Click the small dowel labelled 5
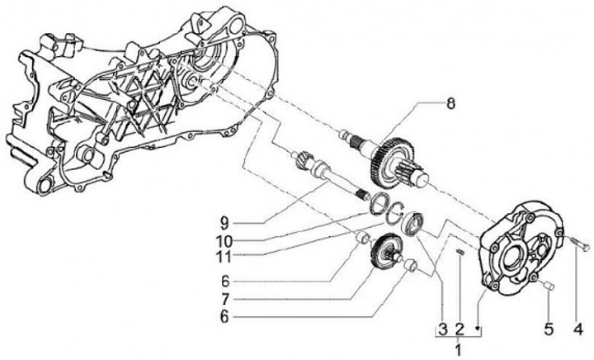549,286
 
